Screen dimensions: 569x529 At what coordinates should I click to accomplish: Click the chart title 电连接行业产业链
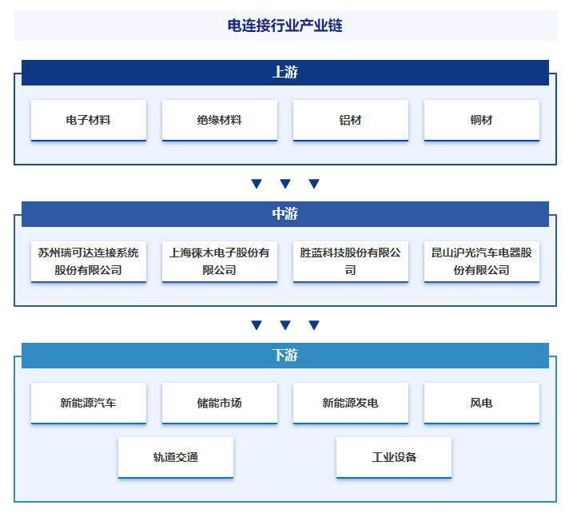pos(284,26)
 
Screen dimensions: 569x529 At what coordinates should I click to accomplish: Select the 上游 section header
pos(285,73)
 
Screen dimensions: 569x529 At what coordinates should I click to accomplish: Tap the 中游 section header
pos(285,214)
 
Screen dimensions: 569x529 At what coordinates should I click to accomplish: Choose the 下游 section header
pos(285,356)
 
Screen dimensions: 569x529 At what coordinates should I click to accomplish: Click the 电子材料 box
pos(89,120)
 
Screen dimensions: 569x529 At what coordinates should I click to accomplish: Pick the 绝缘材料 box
pos(220,120)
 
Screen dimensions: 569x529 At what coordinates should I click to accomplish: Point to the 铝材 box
pos(351,120)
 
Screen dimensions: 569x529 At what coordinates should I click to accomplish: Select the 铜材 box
pos(482,120)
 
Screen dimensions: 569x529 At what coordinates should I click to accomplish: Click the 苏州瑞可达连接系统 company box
pos(89,261)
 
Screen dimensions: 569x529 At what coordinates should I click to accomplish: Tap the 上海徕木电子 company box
pos(220,261)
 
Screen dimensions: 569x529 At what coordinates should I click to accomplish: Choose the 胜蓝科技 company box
pos(351,261)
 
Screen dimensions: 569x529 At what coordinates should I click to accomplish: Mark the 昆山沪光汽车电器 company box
pos(482,261)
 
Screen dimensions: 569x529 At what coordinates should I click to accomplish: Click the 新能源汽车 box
pos(89,403)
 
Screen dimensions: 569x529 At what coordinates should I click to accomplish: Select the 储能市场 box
pos(220,403)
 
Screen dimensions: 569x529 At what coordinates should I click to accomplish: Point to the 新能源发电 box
pos(351,403)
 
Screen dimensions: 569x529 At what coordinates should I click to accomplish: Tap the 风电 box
pos(482,403)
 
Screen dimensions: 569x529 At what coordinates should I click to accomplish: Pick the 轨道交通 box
pos(176,458)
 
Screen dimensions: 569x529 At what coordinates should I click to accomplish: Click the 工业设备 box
pos(394,458)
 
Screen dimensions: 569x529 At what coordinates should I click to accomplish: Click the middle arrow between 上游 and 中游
pos(285,184)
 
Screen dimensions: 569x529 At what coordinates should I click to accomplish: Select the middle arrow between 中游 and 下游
pos(285,325)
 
